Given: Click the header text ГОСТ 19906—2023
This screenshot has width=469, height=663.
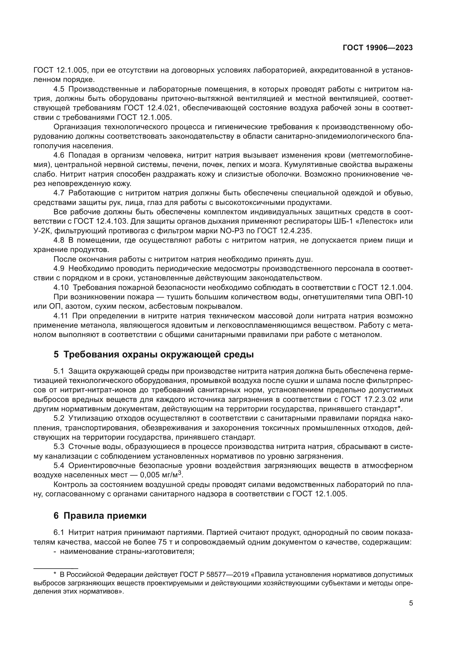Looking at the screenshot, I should point(377,48).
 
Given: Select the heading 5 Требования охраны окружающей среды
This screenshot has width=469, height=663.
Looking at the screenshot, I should point(153,354).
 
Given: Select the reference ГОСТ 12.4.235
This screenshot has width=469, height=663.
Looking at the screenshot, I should point(286,231).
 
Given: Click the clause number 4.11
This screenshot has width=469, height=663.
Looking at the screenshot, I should point(61,316).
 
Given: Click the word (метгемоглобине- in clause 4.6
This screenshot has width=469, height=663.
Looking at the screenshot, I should point(380,155).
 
